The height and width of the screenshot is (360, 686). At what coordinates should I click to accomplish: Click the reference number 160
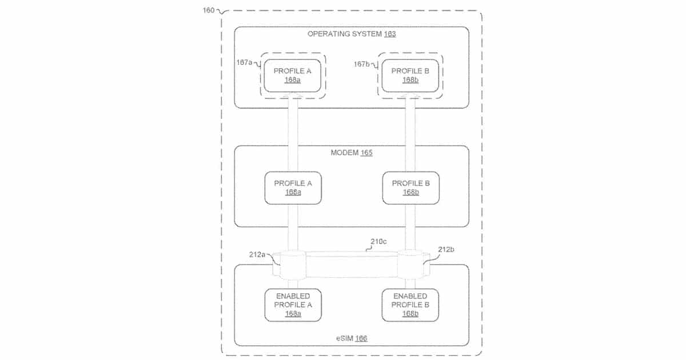(208, 10)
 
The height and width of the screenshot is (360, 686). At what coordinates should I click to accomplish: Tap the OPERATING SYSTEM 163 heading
(352, 34)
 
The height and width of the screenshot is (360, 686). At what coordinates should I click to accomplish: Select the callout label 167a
(244, 63)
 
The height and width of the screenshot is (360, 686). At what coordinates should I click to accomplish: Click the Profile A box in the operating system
(293, 75)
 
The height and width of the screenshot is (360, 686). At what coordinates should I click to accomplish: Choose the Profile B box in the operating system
(410, 75)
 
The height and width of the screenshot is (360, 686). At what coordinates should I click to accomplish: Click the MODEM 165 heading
(352, 153)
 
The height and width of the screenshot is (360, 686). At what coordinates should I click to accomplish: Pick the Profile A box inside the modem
(293, 188)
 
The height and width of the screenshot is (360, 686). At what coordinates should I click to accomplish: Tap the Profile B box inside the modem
(410, 188)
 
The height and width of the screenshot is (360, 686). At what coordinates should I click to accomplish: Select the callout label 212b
(445, 249)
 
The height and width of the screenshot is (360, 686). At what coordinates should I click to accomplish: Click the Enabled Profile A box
(293, 305)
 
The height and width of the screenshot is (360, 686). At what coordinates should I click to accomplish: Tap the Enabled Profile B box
(410, 305)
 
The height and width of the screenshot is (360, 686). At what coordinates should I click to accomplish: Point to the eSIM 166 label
(351, 338)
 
